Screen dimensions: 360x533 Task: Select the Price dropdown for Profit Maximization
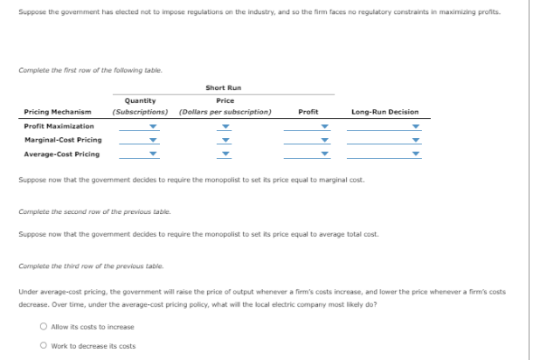225,125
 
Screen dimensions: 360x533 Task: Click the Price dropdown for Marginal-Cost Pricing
225,140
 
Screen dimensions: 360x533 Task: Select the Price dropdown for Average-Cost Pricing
225,155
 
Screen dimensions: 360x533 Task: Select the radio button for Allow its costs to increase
44,327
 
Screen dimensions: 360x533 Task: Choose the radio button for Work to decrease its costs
44,346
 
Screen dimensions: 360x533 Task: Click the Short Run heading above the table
223,87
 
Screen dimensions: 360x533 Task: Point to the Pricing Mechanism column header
58,112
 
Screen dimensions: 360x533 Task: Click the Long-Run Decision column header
384,112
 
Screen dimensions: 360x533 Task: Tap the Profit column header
308,112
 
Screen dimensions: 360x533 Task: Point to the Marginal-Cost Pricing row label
62,140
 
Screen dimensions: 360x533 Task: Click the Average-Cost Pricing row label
61,155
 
